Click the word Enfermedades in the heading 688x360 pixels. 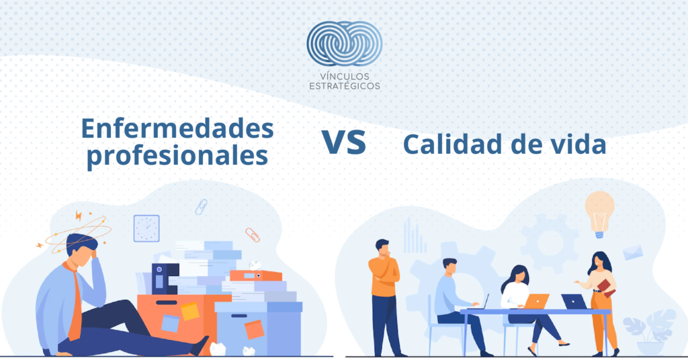pos(177,129)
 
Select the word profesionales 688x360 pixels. pos(177,156)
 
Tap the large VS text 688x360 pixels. pos(344,142)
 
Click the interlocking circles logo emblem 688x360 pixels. pos(345,44)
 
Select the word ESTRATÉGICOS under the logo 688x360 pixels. pos(345,86)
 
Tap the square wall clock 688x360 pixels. pos(146,228)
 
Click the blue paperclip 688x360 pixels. pos(201,206)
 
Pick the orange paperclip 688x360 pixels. pos(253,235)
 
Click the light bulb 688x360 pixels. pos(600,214)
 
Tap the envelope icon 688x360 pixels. pos(633,253)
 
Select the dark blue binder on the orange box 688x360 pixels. pos(165,279)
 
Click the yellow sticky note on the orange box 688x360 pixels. pos(190,311)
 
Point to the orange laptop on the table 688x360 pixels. pos(536,302)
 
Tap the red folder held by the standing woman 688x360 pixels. pos(606,287)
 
